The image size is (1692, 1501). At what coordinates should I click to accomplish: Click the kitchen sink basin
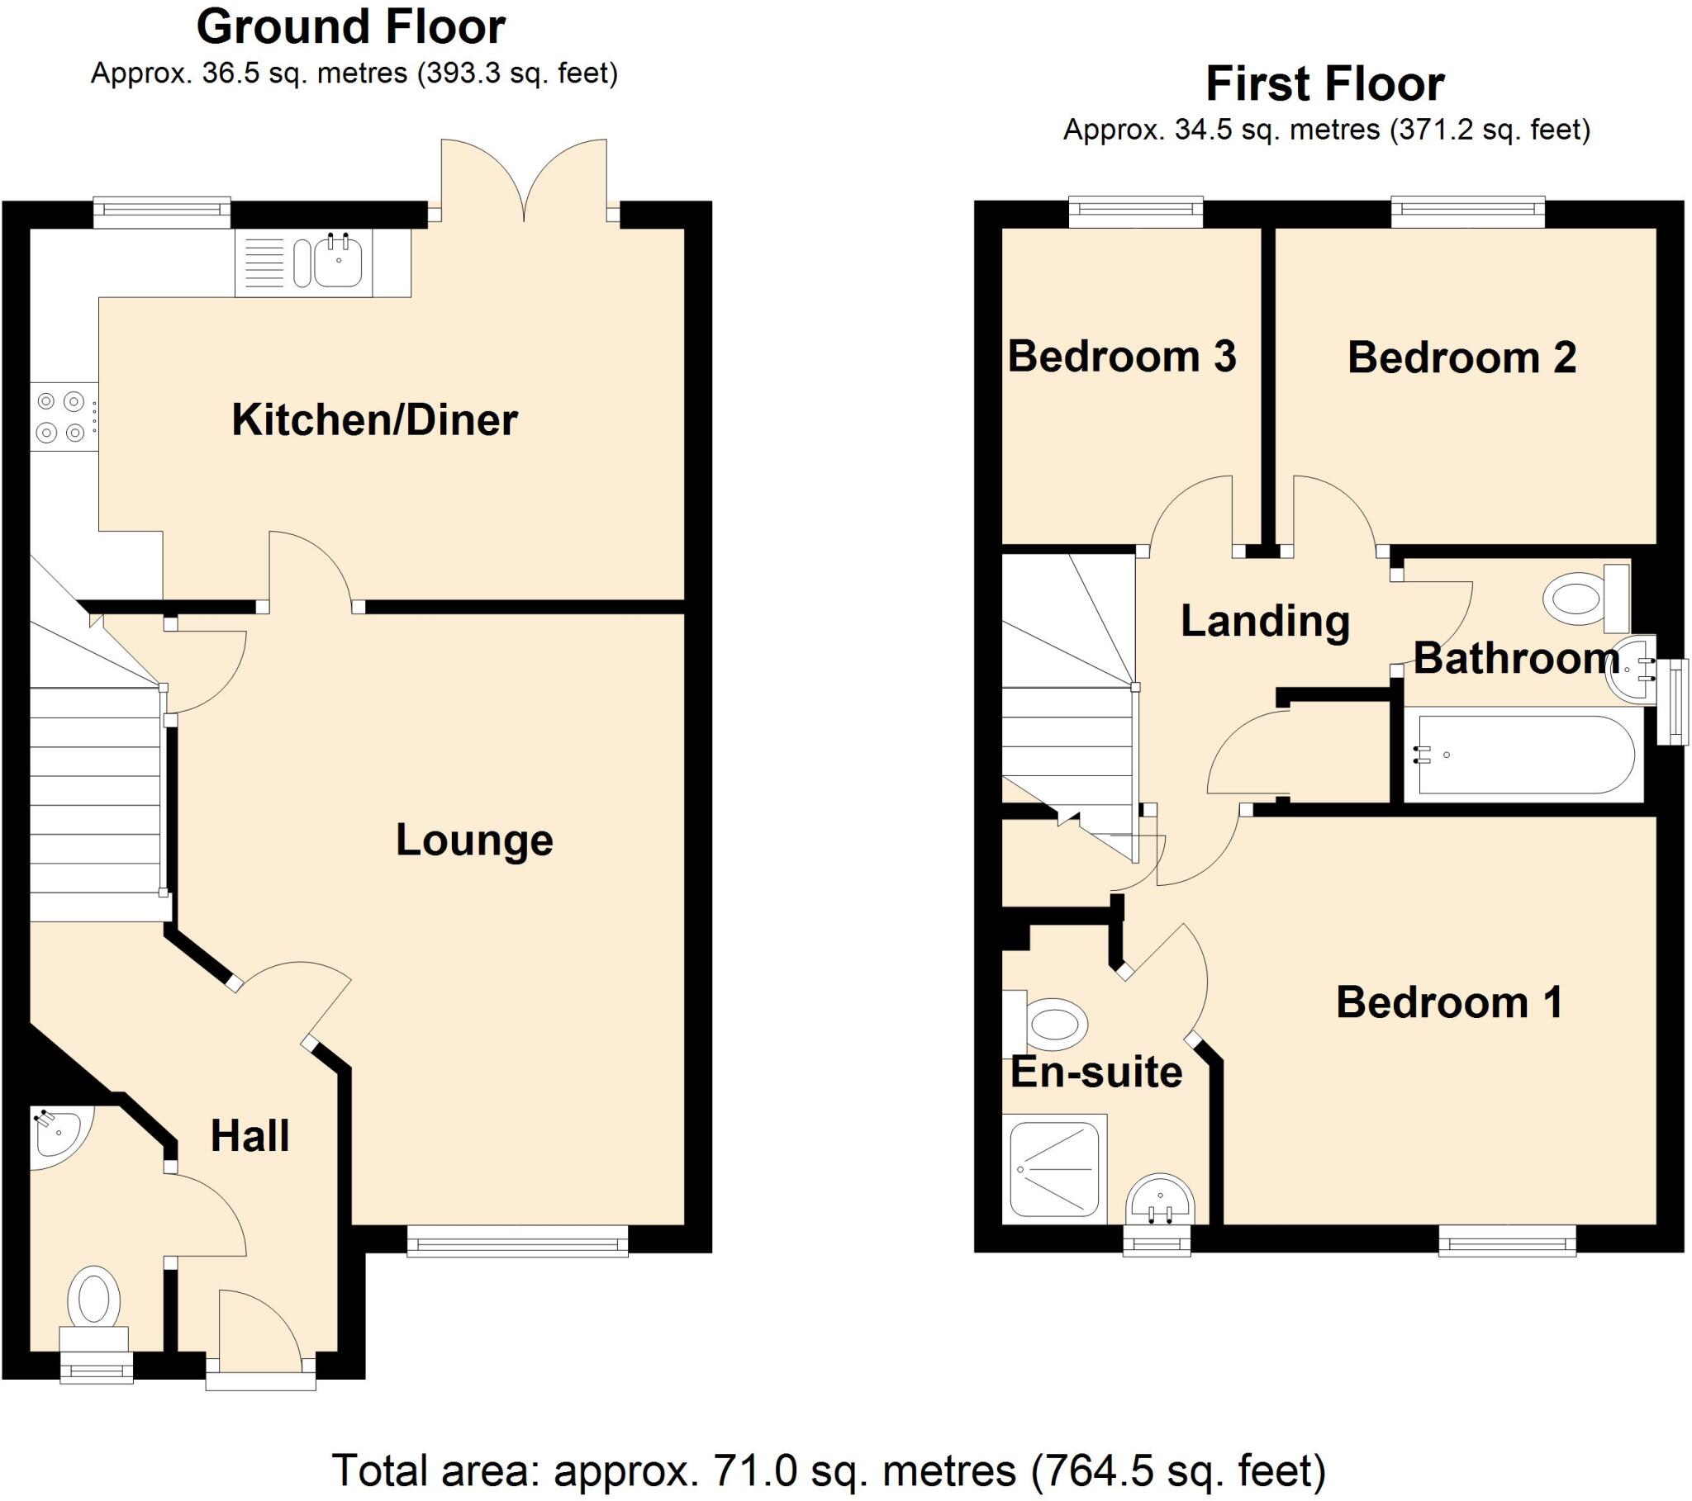(x=338, y=262)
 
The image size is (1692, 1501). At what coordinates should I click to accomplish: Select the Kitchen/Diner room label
(x=374, y=419)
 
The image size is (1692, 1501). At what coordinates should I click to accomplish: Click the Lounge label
(x=473, y=840)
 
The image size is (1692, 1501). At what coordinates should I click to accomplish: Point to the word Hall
(x=250, y=1135)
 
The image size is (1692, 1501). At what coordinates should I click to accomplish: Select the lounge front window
(x=517, y=1241)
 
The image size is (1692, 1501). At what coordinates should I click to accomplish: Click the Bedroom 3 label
(x=1122, y=357)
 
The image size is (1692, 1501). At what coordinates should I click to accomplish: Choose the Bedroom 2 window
(x=1467, y=212)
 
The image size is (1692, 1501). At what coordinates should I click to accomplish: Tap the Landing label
(x=1265, y=621)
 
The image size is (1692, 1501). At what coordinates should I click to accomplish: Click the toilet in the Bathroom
(x=1584, y=599)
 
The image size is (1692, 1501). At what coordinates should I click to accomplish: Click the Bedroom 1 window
(x=1507, y=1242)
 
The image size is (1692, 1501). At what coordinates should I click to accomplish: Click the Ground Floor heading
(x=351, y=26)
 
